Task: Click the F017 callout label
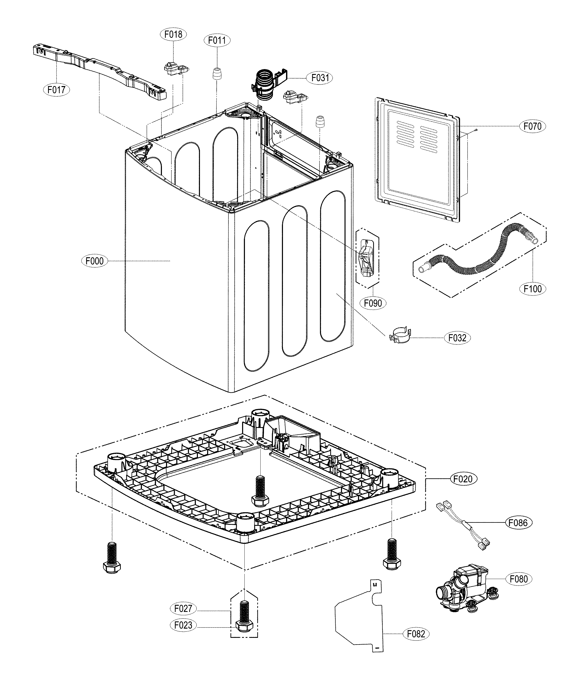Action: click(56, 89)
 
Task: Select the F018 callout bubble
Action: click(173, 34)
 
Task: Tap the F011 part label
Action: click(217, 41)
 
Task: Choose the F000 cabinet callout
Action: click(94, 261)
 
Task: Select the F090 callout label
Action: click(373, 303)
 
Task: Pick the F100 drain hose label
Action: click(533, 289)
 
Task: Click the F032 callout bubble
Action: click(457, 338)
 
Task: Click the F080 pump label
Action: click(519, 579)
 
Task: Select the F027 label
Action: click(183, 609)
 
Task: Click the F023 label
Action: click(183, 625)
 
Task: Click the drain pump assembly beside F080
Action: click(465, 590)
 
